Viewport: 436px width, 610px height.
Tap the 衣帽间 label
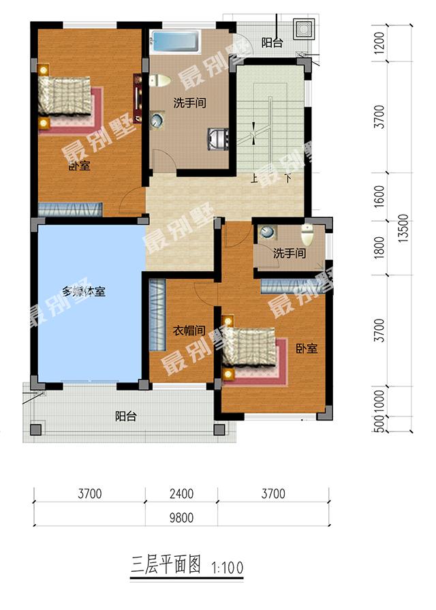click(188, 331)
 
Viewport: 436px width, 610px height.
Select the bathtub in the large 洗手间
click(174, 42)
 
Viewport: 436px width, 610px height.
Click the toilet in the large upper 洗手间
click(159, 80)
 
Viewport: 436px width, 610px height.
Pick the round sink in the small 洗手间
click(267, 232)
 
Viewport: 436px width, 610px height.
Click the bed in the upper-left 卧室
click(65, 96)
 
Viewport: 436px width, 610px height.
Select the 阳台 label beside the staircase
click(272, 42)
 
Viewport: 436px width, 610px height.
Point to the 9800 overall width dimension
click(182, 517)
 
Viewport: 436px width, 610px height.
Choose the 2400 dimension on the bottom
click(182, 493)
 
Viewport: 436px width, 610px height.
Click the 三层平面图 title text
click(166, 564)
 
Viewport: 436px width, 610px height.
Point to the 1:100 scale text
click(228, 566)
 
